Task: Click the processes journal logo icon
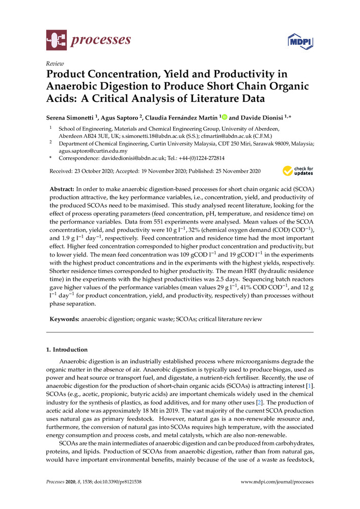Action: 56,40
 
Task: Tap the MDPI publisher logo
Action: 300,41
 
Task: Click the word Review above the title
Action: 54,63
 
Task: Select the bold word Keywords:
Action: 64,319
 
